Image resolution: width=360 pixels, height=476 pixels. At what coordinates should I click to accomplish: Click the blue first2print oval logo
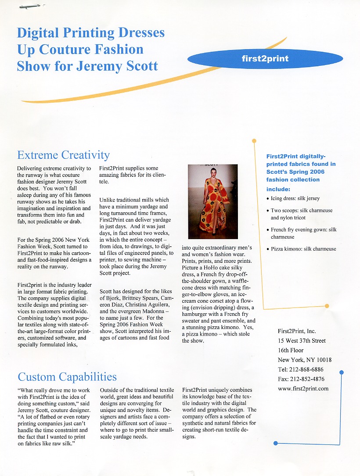(265, 59)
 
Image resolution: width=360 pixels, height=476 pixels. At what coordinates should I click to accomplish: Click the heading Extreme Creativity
(63, 155)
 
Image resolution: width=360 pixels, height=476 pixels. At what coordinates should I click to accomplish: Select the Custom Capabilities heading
(67, 377)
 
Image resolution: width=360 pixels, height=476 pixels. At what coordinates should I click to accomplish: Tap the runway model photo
(212, 201)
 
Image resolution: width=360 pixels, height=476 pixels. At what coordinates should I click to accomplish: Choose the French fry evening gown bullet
(303, 233)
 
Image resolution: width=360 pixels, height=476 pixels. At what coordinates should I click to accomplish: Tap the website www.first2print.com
(303, 388)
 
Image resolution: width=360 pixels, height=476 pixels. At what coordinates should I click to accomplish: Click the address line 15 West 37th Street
(302, 341)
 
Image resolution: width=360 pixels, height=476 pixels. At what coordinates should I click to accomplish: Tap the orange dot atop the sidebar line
(254, 141)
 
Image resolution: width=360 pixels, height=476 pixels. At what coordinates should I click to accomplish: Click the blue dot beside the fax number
(342, 372)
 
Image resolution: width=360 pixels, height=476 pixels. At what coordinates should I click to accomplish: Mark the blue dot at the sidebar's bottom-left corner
(275, 443)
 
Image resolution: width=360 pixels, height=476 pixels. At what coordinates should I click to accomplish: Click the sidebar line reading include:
(278, 189)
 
